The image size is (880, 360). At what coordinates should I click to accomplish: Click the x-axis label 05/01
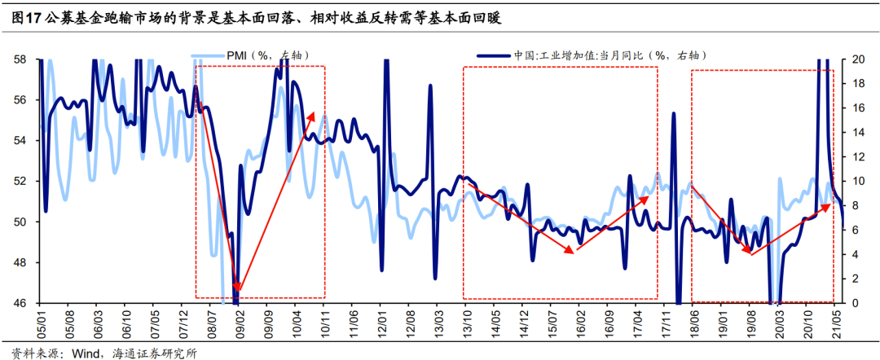coord(41,322)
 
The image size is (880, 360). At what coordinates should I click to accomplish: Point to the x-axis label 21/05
coord(837,322)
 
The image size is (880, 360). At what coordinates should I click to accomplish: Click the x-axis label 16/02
coord(580,322)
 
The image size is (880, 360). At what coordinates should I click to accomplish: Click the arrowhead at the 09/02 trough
coord(237,287)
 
